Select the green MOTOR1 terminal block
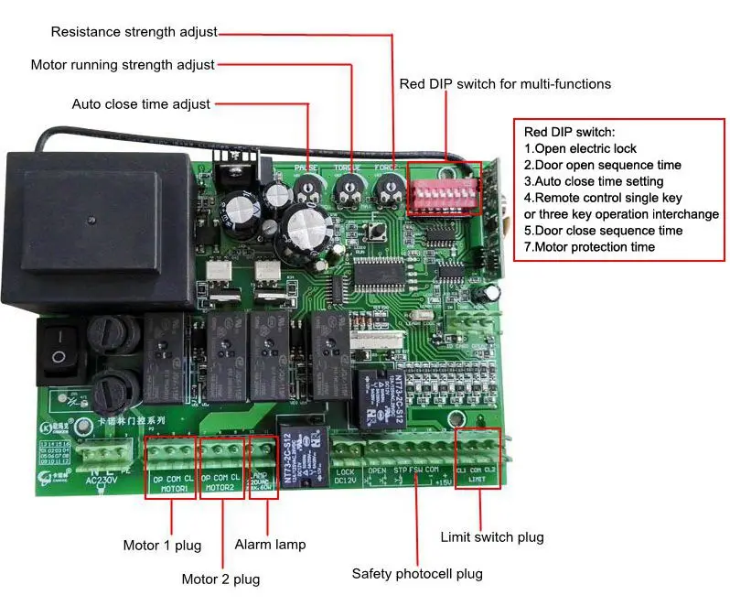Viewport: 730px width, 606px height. [x=170, y=455]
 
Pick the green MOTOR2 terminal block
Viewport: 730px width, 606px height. [x=222, y=455]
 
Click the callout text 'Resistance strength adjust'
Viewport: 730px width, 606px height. [x=134, y=32]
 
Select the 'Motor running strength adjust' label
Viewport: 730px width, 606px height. [x=123, y=65]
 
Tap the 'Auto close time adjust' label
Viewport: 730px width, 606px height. [x=141, y=104]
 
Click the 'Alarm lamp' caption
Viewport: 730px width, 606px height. [x=270, y=545]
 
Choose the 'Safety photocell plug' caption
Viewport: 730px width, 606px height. [x=417, y=574]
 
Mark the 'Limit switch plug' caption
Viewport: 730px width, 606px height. [x=491, y=536]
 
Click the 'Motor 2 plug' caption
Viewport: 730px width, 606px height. [x=220, y=579]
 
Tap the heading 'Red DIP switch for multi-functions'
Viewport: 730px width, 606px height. [x=505, y=84]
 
